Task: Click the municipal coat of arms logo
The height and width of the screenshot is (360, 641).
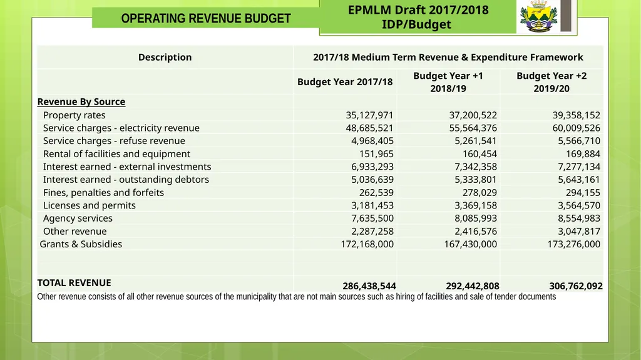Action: (x=539, y=16)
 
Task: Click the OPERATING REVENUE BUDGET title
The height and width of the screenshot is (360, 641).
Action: (x=205, y=18)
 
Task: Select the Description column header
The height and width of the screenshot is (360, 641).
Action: (x=165, y=57)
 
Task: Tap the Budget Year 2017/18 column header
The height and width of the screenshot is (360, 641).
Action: (x=345, y=82)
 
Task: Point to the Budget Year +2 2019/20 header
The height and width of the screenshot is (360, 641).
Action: (x=551, y=82)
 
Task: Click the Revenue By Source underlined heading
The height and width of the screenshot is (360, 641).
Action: (x=81, y=102)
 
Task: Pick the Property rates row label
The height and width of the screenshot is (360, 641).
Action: (x=74, y=115)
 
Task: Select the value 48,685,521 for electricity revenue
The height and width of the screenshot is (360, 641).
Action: (x=369, y=128)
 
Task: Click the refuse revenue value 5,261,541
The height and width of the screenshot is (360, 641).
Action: (x=476, y=141)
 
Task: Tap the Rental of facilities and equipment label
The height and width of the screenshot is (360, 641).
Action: (x=116, y=154)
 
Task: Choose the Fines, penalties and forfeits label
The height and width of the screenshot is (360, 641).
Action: (x=103, y=193)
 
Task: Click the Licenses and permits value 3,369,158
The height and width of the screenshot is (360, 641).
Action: (x=476, y=205)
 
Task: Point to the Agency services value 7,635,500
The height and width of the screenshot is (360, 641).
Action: (x=372, y=218)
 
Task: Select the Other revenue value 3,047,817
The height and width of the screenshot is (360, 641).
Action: (x=579, y=231)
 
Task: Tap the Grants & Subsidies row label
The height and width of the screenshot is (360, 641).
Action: (x=81, y=244)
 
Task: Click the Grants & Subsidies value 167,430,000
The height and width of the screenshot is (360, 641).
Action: (x=471, y=244)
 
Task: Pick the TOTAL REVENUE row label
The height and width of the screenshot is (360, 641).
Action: (x=74, y=283)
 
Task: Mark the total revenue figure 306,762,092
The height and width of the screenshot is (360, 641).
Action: (x=576, y=286)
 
